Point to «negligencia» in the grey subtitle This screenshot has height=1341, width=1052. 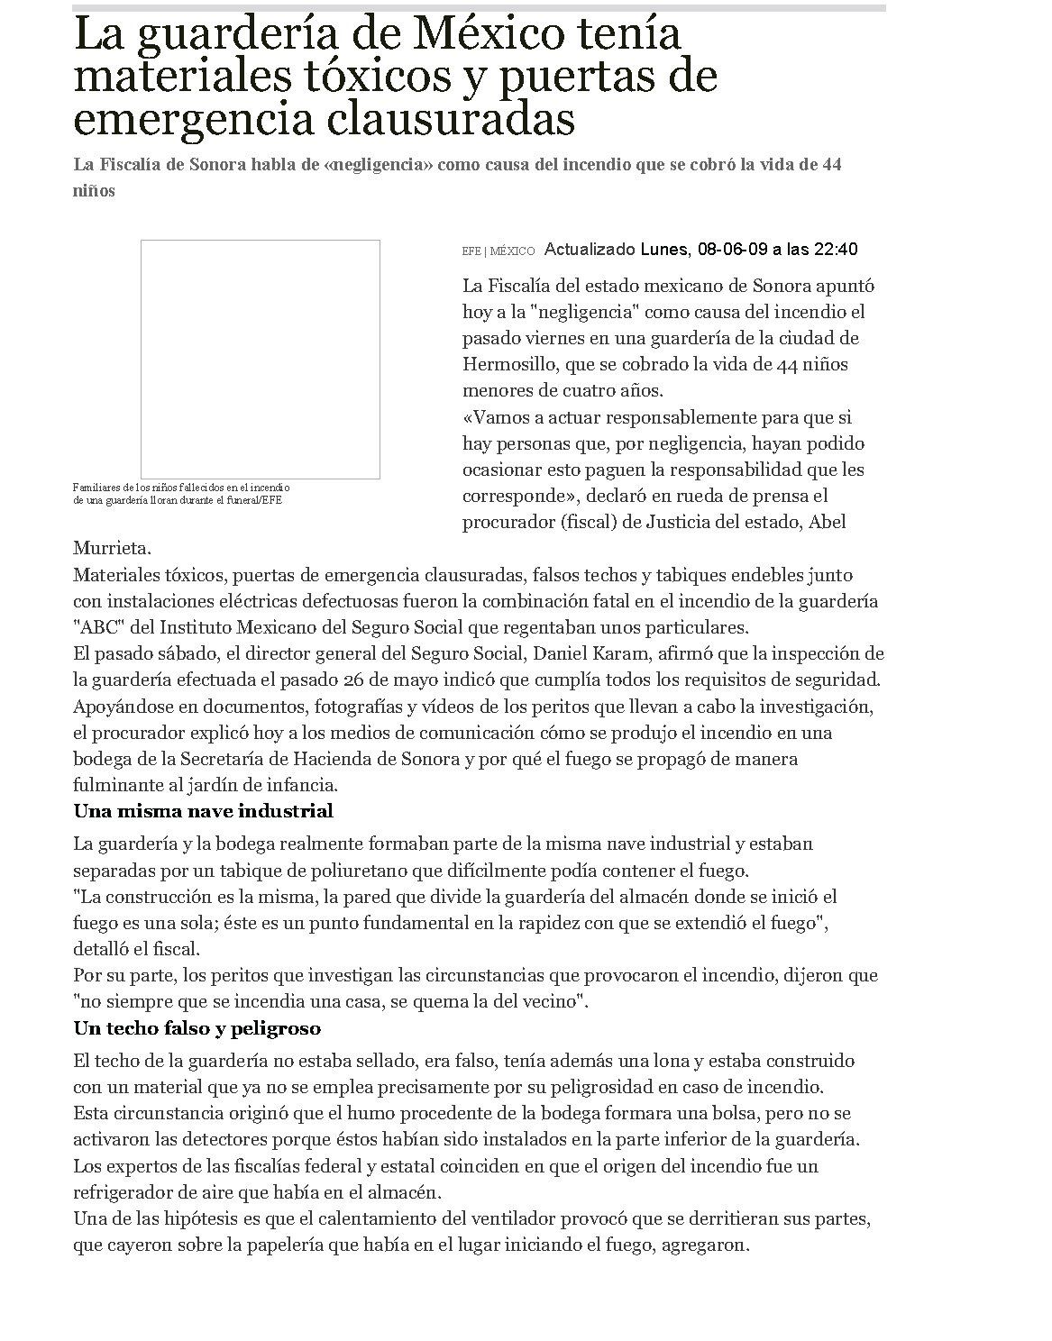click(x=373, y=165)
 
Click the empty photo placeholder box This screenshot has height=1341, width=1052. click(x=260, y=359)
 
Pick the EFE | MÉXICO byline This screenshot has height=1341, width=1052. click(x=498, y=251)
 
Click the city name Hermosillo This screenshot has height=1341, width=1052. click(x=505, y=365)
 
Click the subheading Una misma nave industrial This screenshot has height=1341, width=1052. click(x=203, y=811)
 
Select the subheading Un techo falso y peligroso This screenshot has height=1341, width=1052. click(x=197, y=1028)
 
